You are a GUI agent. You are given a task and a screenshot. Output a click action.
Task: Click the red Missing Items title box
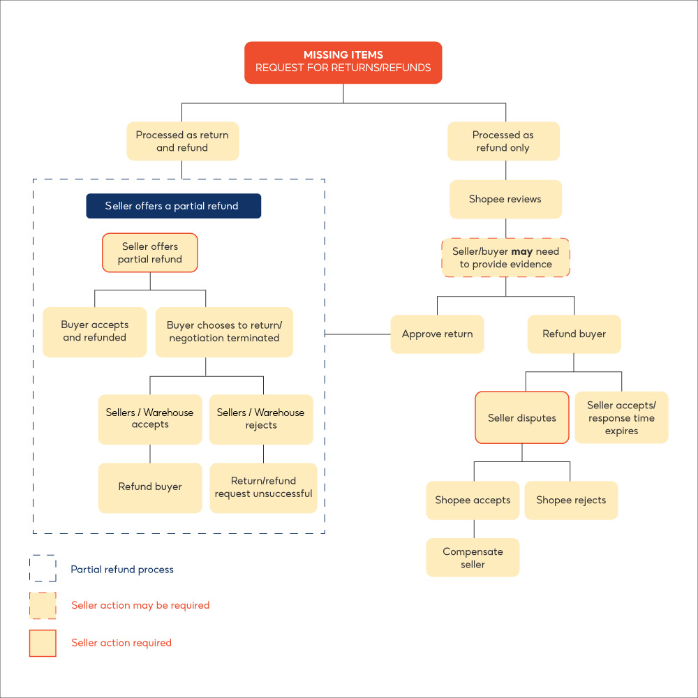[x=343, y=62]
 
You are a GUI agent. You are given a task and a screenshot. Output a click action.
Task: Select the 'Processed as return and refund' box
[x=182, y=141]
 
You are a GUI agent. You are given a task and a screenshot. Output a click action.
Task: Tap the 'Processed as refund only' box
[x=503, y=141]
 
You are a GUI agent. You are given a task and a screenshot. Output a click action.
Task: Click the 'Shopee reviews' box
[x=505, y=199]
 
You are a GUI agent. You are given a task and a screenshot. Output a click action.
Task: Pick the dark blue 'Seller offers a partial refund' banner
[x=173, y=206]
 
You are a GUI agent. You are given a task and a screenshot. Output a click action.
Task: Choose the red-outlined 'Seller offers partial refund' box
[x=150, y=253]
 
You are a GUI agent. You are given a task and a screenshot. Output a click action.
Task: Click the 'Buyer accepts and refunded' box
[x=95, y=332]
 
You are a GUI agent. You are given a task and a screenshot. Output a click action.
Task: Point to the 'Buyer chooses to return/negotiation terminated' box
[x=223, y=332]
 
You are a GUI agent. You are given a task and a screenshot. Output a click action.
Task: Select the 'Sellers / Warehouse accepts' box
[x=150, y=419]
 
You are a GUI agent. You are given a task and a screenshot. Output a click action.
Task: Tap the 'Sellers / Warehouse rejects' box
[x=261, y=419]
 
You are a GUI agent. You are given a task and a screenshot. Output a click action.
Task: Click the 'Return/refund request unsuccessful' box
[x=263, y=487]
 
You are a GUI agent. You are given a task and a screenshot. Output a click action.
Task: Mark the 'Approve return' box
[x=437, y=334]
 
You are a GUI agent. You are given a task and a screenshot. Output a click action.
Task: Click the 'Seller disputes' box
[x=522, y=417]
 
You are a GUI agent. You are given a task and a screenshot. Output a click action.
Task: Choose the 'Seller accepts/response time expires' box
[x=621, y=417]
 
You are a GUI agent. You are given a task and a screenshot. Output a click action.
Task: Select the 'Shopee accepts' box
[x=473, y=500]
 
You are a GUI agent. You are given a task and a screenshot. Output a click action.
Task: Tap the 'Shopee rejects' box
[x=571, y=500]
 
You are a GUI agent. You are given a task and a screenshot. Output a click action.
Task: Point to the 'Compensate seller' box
[x=473, y=558]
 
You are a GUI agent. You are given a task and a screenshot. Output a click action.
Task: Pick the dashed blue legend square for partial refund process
[x=43, y=569]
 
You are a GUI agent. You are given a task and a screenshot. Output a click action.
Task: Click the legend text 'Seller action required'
[x=121, y=643]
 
